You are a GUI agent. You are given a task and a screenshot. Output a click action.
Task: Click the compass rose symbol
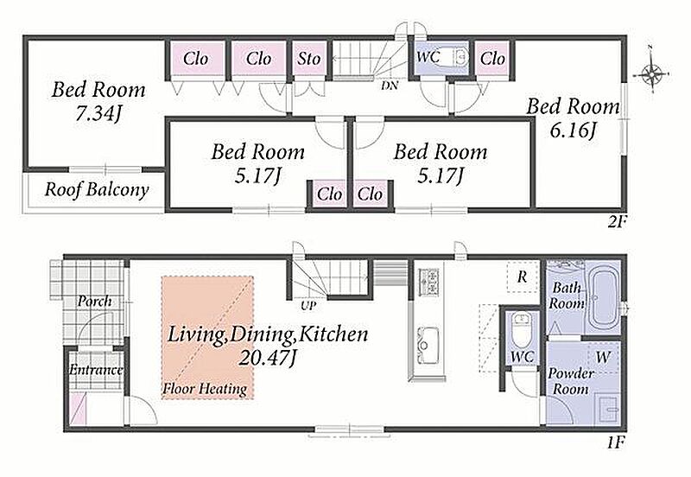click(652, 73)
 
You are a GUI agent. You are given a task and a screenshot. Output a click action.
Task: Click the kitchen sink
click(428, 346)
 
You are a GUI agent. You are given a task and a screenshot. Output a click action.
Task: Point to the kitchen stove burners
click(428, 282)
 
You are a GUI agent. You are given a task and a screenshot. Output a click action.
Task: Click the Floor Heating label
click(205, 389)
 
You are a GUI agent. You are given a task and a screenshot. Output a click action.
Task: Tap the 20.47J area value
click(267, 359)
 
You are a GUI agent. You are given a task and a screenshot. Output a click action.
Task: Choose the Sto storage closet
click(309, 58)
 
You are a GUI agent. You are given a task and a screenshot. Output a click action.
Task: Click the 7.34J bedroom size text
click(98, 114)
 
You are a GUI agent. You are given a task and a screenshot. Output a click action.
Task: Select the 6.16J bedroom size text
click(573, 130)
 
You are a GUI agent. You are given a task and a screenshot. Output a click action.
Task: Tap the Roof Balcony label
click(97, 190)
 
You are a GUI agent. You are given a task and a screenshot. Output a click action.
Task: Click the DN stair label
click(390, 86)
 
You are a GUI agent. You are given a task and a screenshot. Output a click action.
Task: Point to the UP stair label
click(308, 306)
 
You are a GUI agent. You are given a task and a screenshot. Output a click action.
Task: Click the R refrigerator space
click(523, 277)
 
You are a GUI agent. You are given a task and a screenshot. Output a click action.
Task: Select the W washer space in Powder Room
click(603, 357)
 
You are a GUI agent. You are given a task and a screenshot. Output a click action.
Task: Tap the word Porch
click(94, 302)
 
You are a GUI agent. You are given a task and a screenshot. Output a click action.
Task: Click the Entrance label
click(96, 370)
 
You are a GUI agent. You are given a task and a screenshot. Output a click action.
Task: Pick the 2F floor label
click(617, 222)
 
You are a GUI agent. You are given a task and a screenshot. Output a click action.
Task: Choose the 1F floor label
click(616, 442)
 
